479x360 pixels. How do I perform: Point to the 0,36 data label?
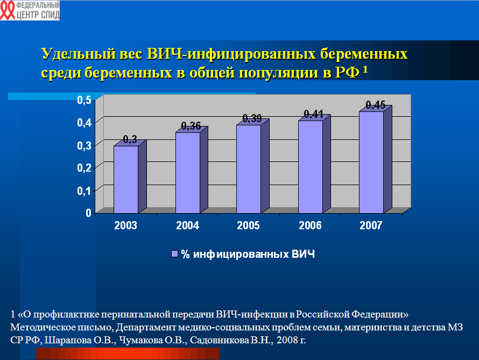coord(191,126)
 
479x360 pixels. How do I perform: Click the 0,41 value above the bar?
coord(313,114)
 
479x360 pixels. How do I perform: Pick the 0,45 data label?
coord(376,105)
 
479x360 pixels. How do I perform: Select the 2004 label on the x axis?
coord(188,225)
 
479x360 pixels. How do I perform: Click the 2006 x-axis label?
coord(310,225)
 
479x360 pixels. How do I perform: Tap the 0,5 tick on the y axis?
coord(84,100)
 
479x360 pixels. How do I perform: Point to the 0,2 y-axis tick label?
coord(84,168)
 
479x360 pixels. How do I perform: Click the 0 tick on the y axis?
coord(88,213)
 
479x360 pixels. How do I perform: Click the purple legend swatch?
coord(174,254)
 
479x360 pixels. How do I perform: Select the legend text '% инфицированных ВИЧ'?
coord(248,255)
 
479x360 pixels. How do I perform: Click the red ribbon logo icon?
coord(8,10)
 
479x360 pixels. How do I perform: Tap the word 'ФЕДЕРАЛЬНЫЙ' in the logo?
coord(38,5)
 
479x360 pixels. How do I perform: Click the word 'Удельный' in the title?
coord(79,54)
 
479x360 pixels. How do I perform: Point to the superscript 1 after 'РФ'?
coord(365,69)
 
